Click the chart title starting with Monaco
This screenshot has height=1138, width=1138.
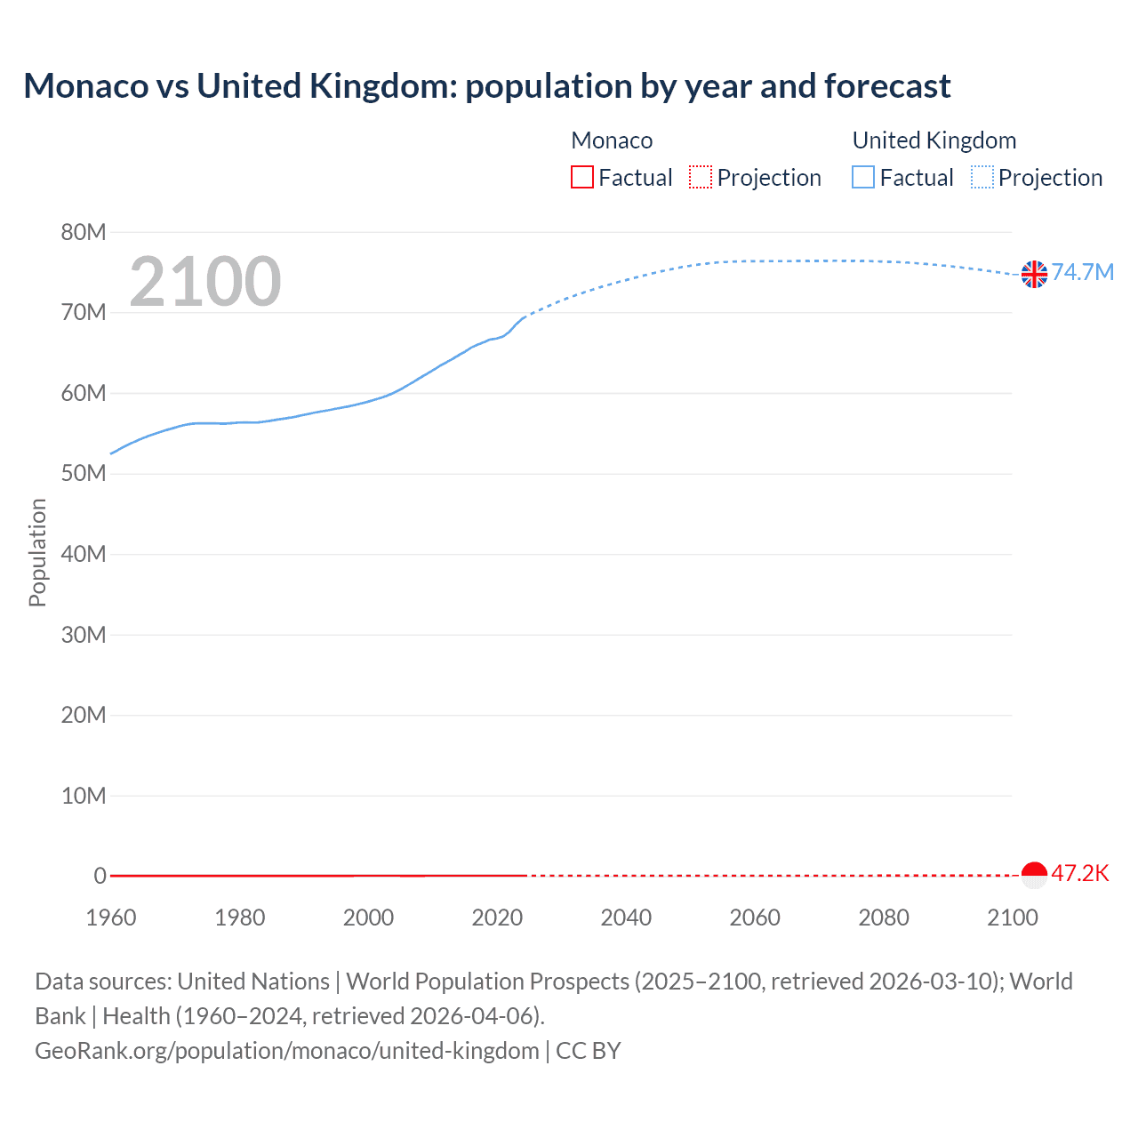click(486, 86)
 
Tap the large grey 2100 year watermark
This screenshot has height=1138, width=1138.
click(205, 282)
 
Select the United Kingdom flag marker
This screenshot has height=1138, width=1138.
click(1034, 275)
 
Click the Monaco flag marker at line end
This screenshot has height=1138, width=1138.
click(1034, 875)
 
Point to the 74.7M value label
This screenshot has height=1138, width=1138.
click(1082, 272)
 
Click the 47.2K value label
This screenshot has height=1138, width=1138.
click(1080, 873)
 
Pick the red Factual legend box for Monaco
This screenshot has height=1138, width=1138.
click(582, 178)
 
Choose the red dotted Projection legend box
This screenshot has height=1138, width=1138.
click(701, 178)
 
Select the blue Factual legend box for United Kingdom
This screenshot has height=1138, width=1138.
click(863, 178)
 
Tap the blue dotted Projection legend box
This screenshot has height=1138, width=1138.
click(982, 178)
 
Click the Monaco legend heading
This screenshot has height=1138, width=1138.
click(612, 140)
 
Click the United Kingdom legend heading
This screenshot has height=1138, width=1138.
click(934, 140)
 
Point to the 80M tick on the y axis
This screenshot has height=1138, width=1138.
click(84, 233)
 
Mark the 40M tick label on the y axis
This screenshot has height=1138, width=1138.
click(84, 555)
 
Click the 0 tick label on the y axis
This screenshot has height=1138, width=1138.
click(100, 876)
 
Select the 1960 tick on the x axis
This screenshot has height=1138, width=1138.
click(111, 918)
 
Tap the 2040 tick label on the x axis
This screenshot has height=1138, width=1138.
click(626, 918)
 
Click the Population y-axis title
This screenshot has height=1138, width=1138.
click(37, 552)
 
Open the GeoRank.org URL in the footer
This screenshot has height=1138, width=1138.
click(286, 1051)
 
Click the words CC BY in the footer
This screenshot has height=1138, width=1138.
click(588, 1051)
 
